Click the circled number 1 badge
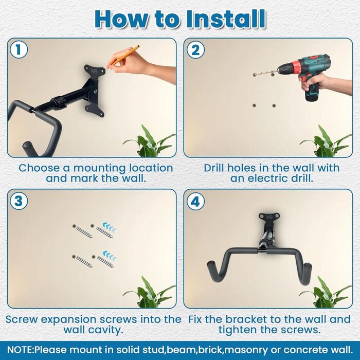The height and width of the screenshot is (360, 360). click(x=19, y=50)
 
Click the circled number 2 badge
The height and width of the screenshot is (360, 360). click(x=195, y=50)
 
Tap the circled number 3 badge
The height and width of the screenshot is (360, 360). click(x=19, y=201)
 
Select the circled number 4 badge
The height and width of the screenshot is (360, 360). click(x=195, y=201)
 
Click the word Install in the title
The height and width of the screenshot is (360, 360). click(x=226, y=20)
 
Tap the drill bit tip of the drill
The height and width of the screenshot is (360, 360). click(x=255, y=75)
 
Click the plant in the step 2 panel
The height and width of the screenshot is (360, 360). click(x=326, y=141)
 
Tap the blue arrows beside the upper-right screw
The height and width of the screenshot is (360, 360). click(x=110, y=227)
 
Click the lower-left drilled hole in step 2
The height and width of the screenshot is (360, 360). click(x=254, y=105)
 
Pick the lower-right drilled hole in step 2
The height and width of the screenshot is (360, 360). click(x=274, y=105)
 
